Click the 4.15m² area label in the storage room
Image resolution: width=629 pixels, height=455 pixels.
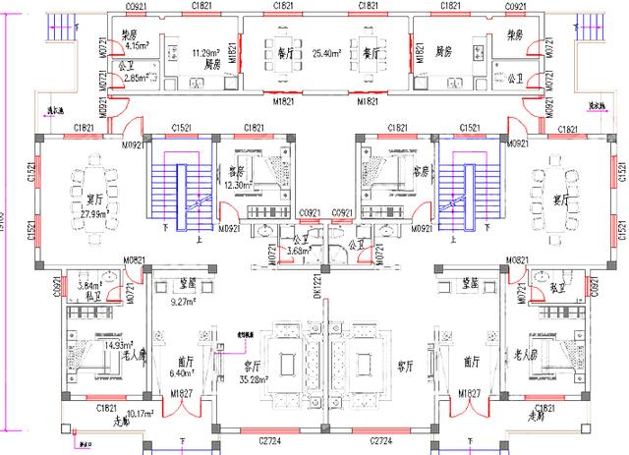pyautogui.click(x=137, y=45)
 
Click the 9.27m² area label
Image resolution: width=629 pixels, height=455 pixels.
pyautogui.click(x=185, y=303)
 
